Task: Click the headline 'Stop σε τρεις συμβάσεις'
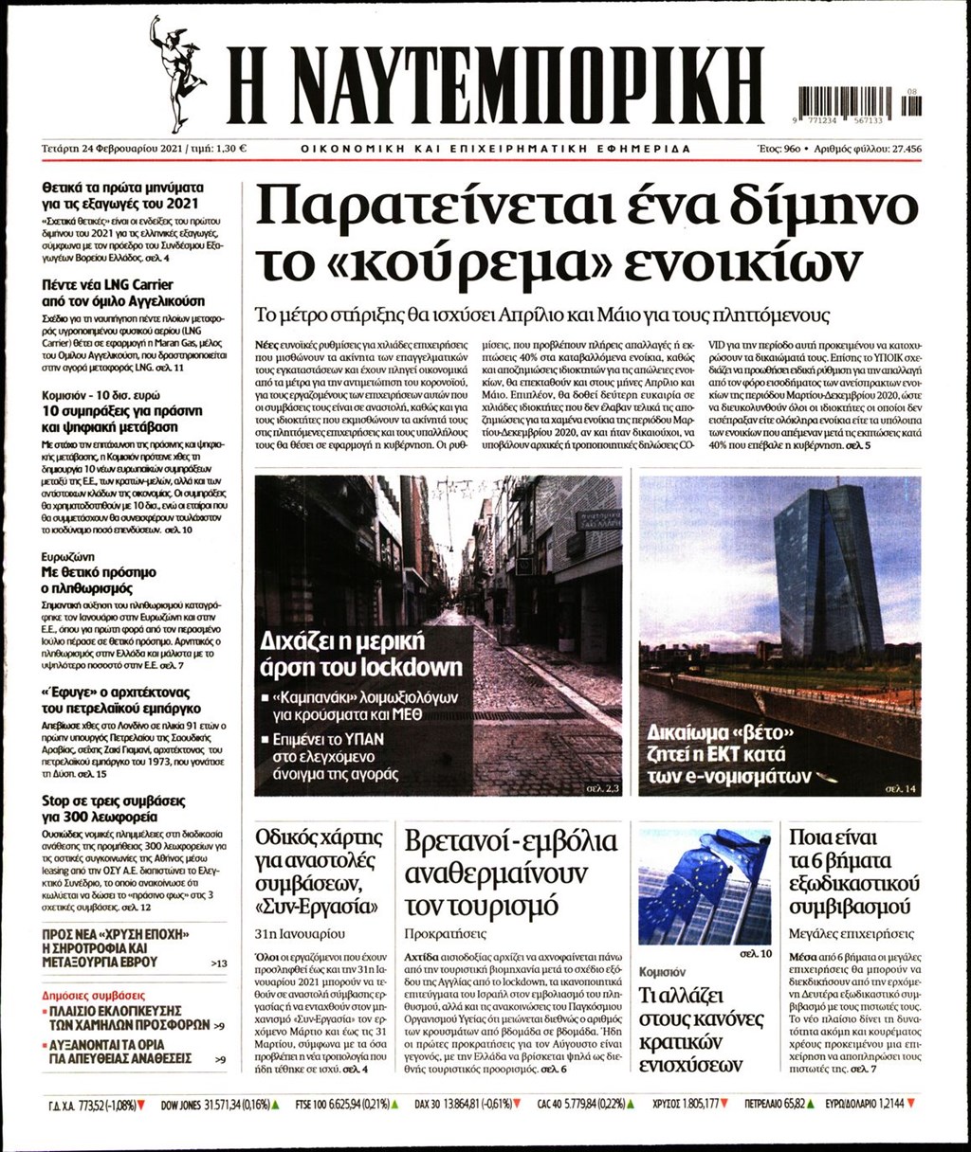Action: [114, 800]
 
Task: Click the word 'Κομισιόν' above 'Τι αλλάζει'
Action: [662, 972]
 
